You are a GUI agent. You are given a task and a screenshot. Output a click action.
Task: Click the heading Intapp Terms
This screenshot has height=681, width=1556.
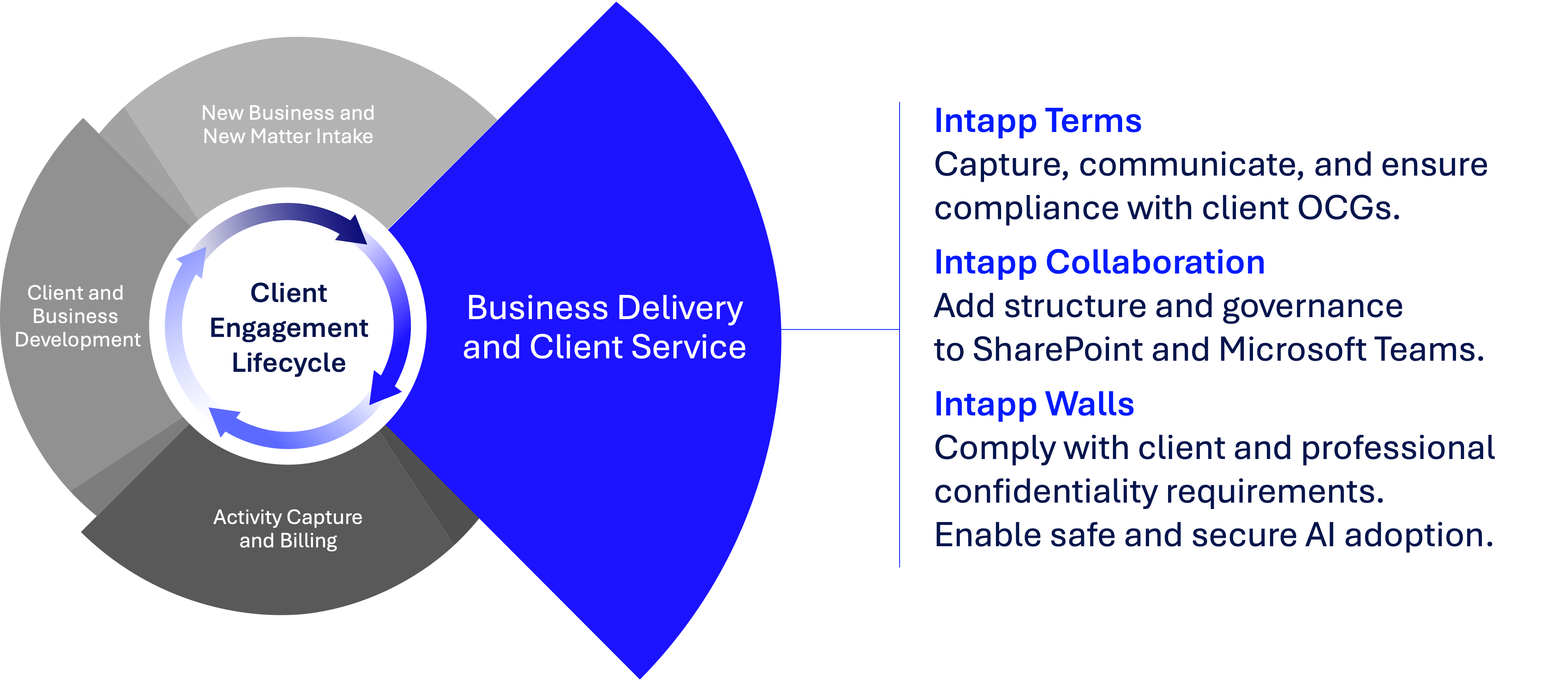click(1037, 121)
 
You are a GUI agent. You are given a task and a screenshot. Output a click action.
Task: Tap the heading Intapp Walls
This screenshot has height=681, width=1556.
click(1034, 404)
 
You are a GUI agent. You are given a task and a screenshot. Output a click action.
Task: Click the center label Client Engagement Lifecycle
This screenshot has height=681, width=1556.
click(289, 328)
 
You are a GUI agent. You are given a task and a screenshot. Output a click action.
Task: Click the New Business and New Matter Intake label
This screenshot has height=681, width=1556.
click(288, 124)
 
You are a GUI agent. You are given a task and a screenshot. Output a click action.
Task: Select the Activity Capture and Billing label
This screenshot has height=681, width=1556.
click(288, 528)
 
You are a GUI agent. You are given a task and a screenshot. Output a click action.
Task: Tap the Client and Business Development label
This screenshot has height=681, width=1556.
click(76, 316)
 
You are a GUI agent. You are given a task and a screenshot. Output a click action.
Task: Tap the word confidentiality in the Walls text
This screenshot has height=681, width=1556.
click(1046, 492)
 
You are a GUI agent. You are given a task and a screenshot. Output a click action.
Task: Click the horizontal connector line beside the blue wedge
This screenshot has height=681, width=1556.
click(840, 330)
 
